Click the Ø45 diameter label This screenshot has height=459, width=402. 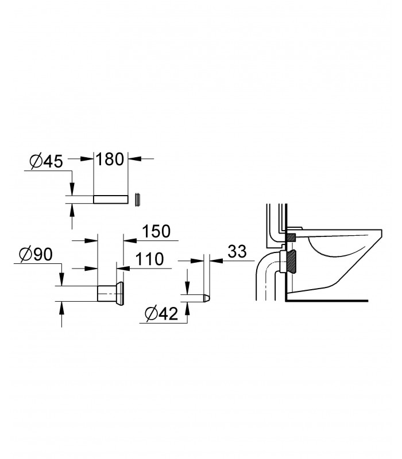[47, 161]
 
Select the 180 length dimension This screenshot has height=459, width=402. [110, 160]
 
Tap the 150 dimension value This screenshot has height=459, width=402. [156, 231]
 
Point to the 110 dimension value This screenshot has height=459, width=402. [149, 259]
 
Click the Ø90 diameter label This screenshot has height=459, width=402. [36, 254]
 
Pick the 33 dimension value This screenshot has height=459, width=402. [237, 251]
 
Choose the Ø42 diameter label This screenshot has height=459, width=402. [161, 314]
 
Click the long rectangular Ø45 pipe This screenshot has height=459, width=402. [111, 199]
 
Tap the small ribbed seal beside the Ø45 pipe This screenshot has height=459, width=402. [138, 200]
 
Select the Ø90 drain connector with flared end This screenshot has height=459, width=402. [111, 293]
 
